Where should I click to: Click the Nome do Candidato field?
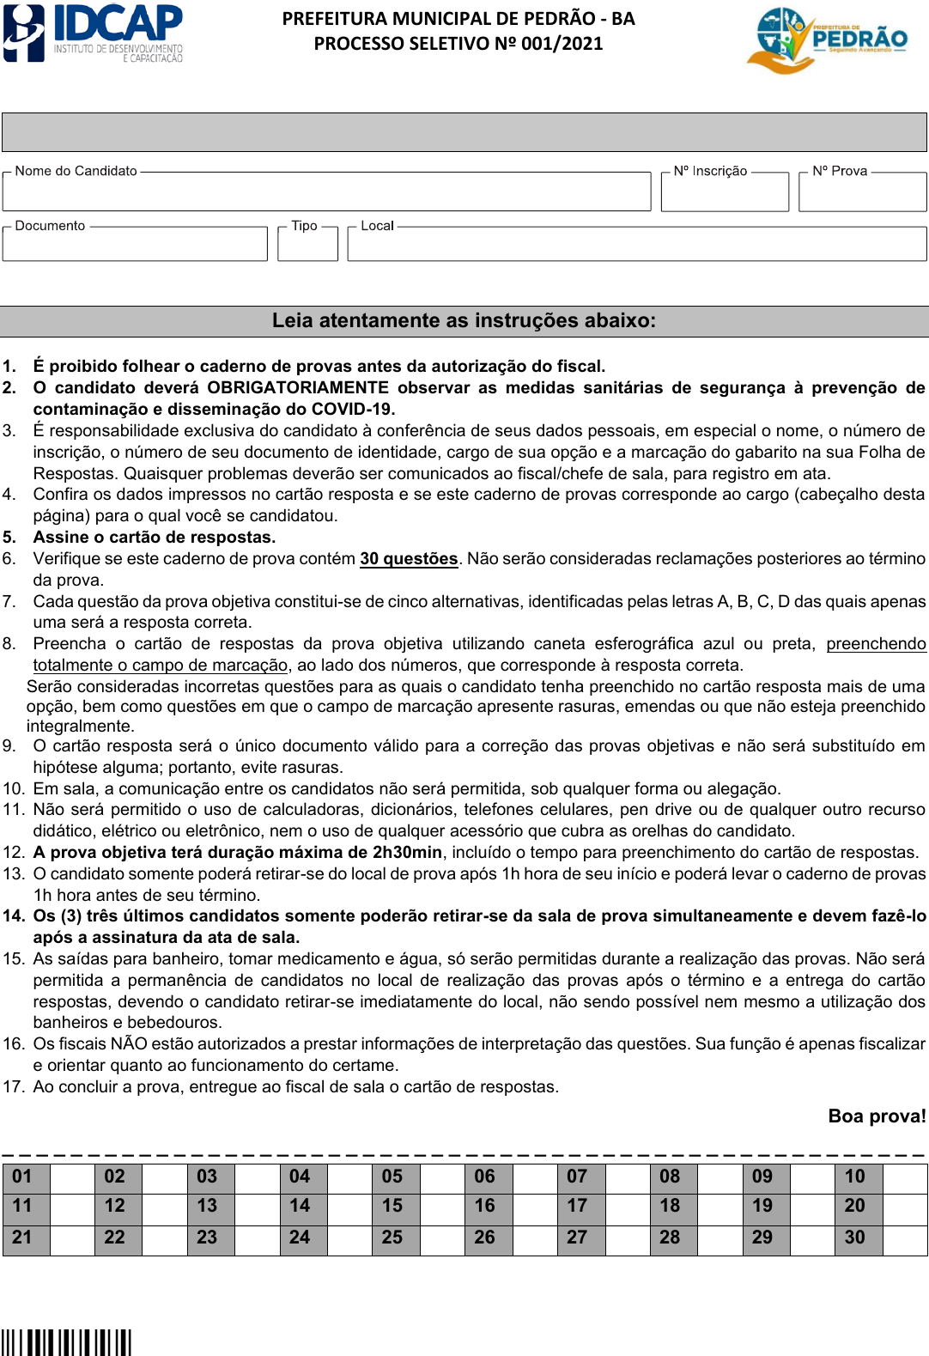coord(326,192)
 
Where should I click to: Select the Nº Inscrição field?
coord(724,192)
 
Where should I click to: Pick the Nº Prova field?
coord(862,192)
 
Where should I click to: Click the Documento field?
coord(135,245)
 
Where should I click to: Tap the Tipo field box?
coord(307,245)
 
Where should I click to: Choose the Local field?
coord(636,245)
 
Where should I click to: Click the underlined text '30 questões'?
coord(409,559)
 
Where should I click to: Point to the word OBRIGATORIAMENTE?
coord(298,388)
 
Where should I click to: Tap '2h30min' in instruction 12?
coord(408,853)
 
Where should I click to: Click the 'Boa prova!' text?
coord(877,1116)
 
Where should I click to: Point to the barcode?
coord(66,1342)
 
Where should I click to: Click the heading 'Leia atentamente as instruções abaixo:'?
coord(464,321)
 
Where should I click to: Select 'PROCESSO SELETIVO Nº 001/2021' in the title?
coord(458,44)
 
